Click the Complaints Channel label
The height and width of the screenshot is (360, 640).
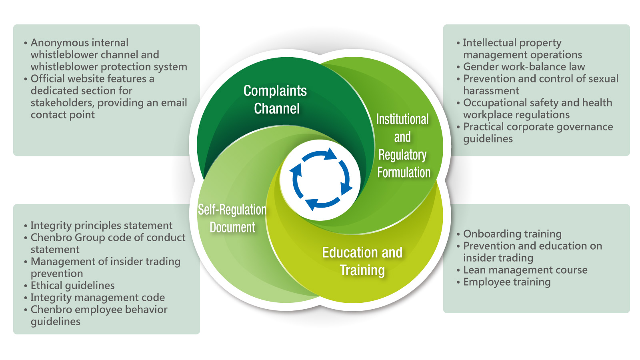pyautogui.click(x=276, y=100)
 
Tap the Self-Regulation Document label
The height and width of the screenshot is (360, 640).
pyautogui.click(x=232, y=218)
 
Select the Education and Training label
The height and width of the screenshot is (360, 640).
pyautogui.click(x=362, y=261)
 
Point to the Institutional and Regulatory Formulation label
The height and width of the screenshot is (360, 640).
pyautogui.click(x=403, y=146)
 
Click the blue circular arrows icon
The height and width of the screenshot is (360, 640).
pyautogui.click(x=320, y=180)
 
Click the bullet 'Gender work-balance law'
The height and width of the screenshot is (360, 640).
pyautogui.click(x=524, y=67)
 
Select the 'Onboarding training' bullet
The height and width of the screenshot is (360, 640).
pyautogui.click(x=512, y=234)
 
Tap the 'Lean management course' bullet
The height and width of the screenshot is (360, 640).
pyautogui.click(x=525, y=270)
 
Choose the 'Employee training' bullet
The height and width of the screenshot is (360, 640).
pyautogui.click(x=506, y=282)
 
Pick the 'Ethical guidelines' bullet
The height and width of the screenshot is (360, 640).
pyautogui.click(x=72, y=286)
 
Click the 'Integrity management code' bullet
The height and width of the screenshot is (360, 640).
pyautogui.click(x=97, y=298)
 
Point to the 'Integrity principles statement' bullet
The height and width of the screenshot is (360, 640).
pyautogui.click(x=101, y=226)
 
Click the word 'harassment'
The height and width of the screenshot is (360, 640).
pyautogui.click(x=491, y=91)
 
